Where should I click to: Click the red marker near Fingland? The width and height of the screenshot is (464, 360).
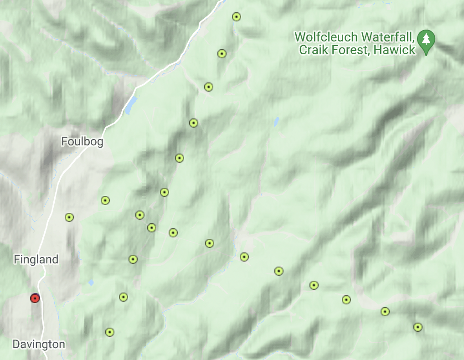click(35, 298)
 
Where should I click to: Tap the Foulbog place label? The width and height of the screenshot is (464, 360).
click(82, 142)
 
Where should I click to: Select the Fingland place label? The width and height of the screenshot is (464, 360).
click(36, 260)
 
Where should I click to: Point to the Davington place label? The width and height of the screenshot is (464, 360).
click(39, 345)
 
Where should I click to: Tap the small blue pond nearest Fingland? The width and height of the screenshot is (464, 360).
click(91, 283)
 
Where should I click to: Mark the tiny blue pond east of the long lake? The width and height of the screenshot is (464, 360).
click(276, 122)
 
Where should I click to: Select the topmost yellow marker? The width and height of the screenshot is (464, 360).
click(236, 17)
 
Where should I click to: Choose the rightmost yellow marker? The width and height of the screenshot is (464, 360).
click(418, 327)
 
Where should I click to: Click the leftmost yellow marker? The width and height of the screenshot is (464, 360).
click(69, 217)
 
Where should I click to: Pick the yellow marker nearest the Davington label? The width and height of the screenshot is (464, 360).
click(109, 332)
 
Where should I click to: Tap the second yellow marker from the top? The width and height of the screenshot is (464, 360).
click(222, 54)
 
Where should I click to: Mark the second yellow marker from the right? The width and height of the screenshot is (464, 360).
click(385, 312)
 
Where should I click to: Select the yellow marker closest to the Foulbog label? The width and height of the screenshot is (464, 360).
click(105, 201)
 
